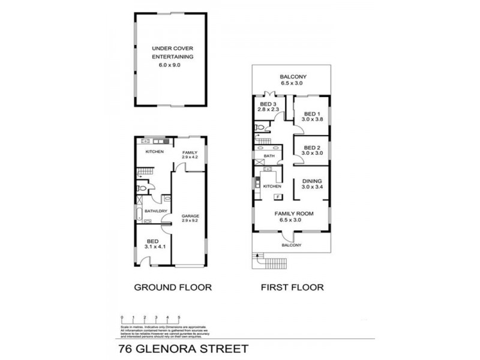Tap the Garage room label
[x=190, y=218]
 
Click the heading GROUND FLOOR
[x=172, y=287]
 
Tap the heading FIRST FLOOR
[x=292, y=287]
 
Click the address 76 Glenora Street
[x=181, y=347]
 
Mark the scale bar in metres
[x=150, y=319]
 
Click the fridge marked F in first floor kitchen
[x=277, y=197]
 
